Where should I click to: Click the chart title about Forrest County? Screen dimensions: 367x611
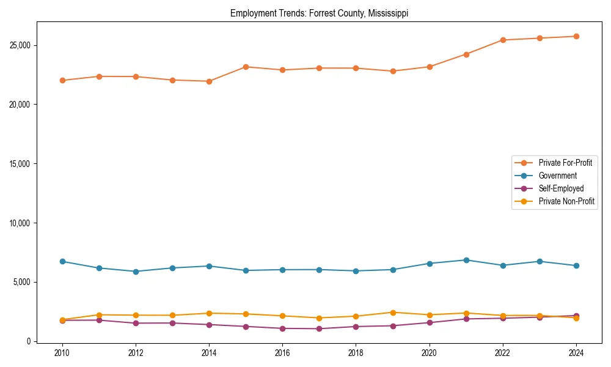pyautogui.click(x=319, y=13)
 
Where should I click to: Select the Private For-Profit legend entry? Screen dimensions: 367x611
pyautogui.click(x=565, y=163)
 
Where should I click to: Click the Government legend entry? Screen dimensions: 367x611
pyautogui.click(x=557, y=176)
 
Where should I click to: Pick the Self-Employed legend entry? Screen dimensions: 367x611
pyautogui.click(x=561, y=188)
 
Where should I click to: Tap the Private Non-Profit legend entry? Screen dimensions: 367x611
pyautogui.click(x=566, y=201)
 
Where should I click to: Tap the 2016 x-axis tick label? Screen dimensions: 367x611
pyautogui.click(x=282, y=353)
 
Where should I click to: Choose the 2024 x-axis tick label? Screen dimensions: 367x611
pyautogui.click(x=576, y=353)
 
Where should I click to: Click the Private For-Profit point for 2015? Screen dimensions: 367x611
pyautogui.click(x=246, y=67)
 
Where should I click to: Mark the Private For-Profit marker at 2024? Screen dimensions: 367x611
pyautogui.click(x=576, y=36)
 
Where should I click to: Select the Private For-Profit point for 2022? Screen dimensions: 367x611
pyautogui.click(x=503, y=40)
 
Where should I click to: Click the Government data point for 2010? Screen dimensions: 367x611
pyautogui.click(x=62, y=261)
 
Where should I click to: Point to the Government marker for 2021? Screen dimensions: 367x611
pyautogui.click(x=466, y=260)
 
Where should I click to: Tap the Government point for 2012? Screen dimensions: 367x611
pyautogui.click(x=136, y=272)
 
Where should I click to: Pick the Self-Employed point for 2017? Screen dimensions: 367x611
pyautogui.click(x=319, y=328)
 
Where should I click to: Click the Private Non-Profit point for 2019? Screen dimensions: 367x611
pyautogui.click(x=393, y=313)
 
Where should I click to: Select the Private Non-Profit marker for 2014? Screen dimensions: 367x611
pyautogui.click(x=209, y=313)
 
